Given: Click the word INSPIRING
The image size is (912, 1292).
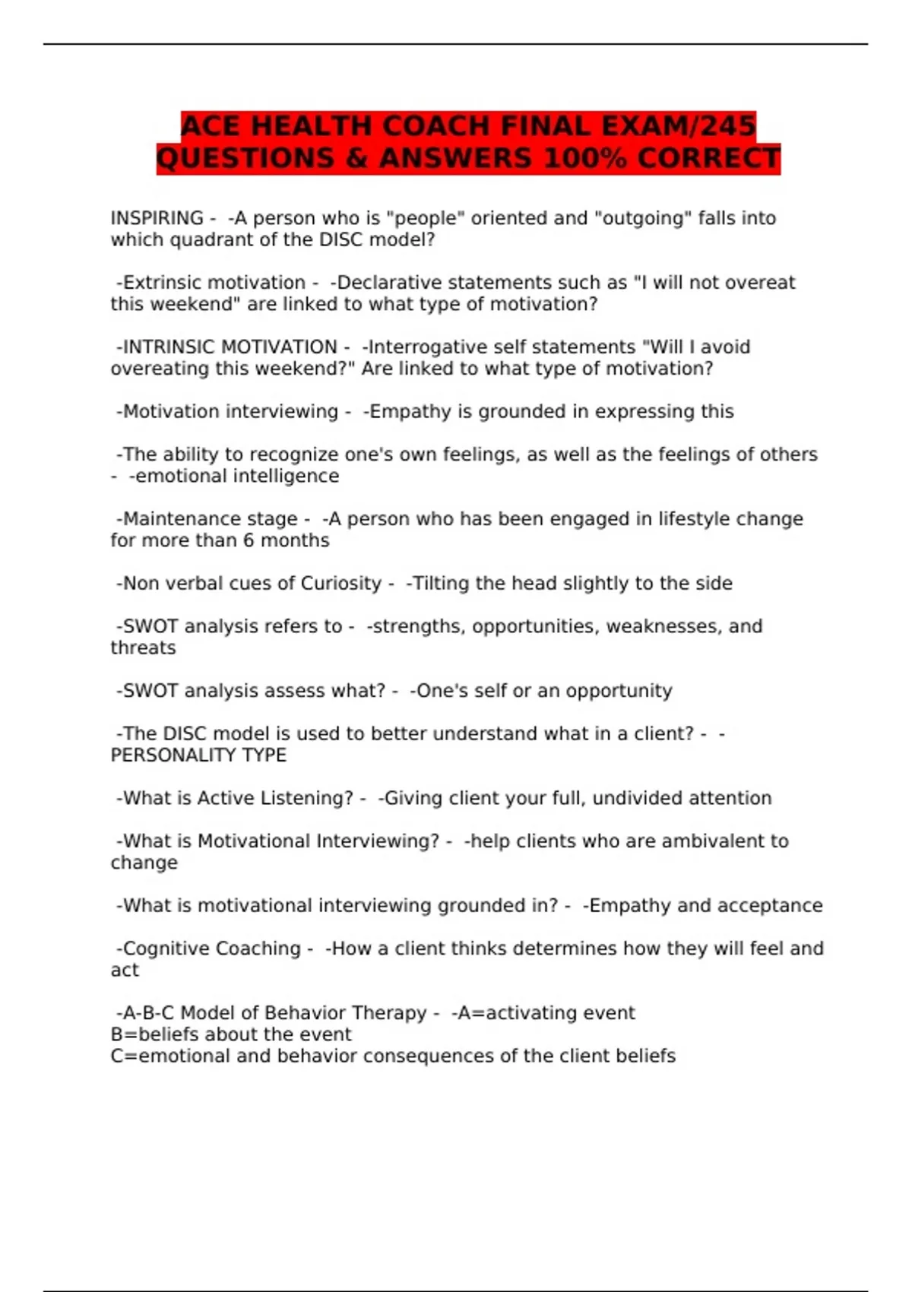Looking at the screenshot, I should [157, 218].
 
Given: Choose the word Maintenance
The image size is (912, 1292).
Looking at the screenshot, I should [173, 519].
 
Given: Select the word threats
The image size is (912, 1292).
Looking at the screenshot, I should [143, 648].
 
